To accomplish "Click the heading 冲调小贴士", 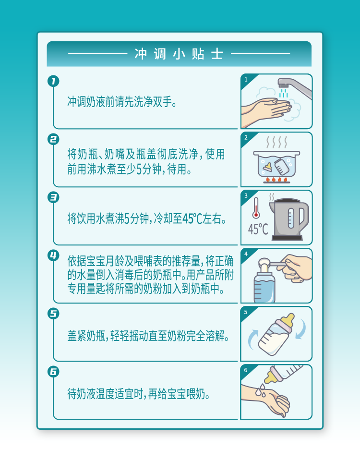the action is (x=179, y=54).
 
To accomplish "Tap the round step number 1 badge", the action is (x=53, y=81).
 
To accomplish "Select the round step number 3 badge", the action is (x=53, y=197).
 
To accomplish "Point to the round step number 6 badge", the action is (x=53, y=372).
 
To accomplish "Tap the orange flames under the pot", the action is (x=276, y=179).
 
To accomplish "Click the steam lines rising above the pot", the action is (x=276, y=142).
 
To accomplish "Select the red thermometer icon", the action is (x=256, y=207).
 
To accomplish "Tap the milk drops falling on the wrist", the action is (x=260, y=390).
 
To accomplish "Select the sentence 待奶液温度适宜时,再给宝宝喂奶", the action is (x=139, y=394).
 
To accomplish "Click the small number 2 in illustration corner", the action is (x=246, y=138).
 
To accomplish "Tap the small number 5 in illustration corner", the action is (x=246, y=312).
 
